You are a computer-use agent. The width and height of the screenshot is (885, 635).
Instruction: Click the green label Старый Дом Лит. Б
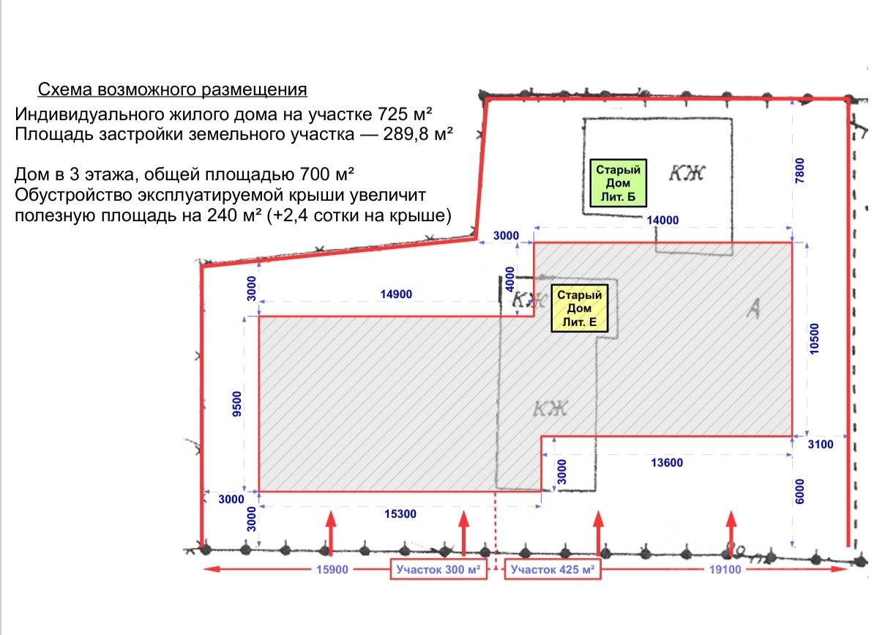[x=619, y=182]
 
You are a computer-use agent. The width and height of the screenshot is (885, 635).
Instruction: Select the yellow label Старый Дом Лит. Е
[x=579, y=308]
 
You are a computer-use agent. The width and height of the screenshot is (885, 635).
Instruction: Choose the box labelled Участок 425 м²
[x=552, y=570]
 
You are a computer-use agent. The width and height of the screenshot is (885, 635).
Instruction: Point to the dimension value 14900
[x=396, y=294]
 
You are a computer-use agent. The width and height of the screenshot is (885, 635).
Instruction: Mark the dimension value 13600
[x=666, y=462]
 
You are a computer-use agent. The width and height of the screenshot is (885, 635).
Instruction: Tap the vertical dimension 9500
[x=236, y=404]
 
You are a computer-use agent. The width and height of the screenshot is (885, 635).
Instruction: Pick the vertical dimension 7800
[x=803, y=171]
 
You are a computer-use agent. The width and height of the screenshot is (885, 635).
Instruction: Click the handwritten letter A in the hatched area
[x=751, y=311]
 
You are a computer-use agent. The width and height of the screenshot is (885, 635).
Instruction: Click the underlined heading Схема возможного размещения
[x=172, y=90]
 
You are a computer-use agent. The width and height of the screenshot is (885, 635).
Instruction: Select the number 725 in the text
[x=392, y=114]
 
